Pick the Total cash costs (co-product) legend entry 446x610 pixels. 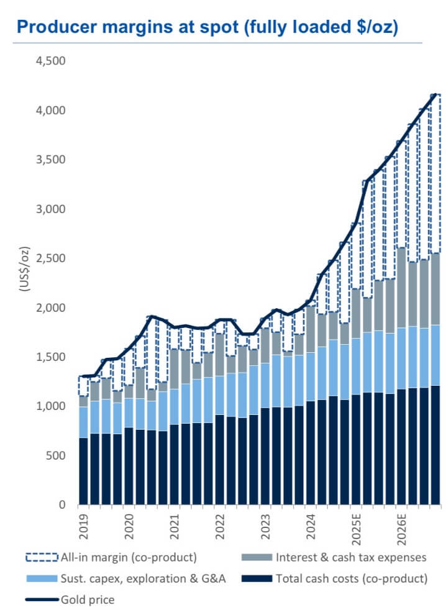[x=351, y=578]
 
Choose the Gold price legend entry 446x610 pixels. [x=87, y=599]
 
